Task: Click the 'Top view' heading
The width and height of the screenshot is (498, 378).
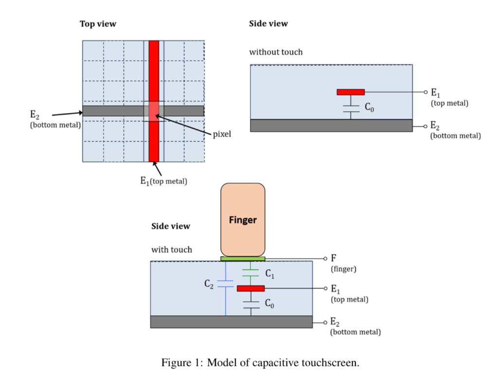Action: click(98, 24)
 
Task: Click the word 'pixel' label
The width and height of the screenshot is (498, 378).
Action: click(222, 134)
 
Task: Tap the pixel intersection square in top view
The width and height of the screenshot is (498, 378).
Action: click(154, 110)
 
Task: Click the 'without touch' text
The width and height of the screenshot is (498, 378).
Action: click(275, 52)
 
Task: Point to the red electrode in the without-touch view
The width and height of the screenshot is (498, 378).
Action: click(350, 92)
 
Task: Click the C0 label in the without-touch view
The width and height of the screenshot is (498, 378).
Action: click(370, 108)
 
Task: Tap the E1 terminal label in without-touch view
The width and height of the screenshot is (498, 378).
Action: click(436, 92)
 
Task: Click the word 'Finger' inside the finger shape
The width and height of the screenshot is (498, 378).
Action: click(243, 220)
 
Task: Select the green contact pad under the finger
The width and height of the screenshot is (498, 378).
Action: click(243, 259)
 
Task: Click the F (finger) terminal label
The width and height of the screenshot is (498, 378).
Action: click(334, 258)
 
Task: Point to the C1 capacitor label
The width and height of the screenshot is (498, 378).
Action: click(270, 274)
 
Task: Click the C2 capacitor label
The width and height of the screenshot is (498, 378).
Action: click(209, 284)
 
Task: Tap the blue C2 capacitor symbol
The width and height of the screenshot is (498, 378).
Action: click(226, 284)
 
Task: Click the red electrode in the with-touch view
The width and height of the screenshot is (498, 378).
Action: click(250, 288)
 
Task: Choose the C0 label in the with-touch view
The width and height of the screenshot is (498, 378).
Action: click(270, 304)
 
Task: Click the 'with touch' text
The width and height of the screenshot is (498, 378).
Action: click(171, 250)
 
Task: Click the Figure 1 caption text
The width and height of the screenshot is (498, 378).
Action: click(260, 363)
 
